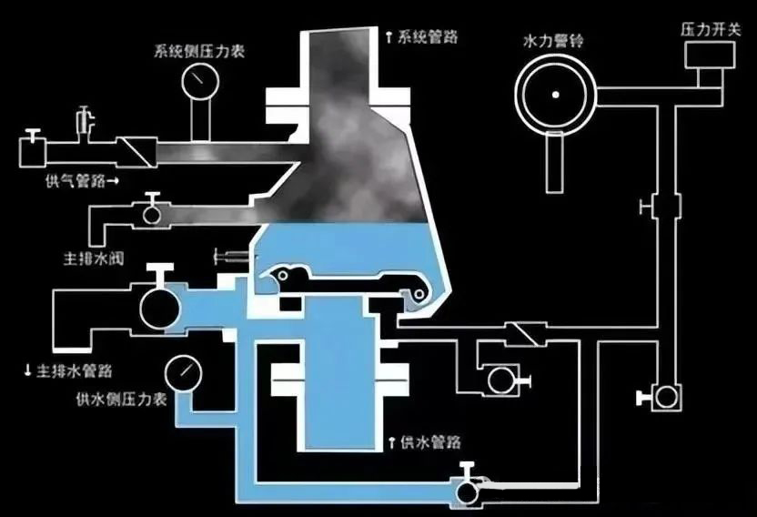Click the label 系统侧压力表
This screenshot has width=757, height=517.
point(199,51)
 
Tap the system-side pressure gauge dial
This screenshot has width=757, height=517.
point(200,81)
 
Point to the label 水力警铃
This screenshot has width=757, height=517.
point(553,41)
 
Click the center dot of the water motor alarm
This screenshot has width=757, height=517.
point(556,95)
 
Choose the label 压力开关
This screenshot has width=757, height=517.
point(711,29)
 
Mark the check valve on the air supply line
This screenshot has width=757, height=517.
point(137,152)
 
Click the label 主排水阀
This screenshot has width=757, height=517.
point(94,258)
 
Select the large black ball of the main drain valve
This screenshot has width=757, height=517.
point(160,308)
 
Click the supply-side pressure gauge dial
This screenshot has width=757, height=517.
point(184,373)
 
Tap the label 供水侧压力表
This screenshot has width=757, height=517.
point(122,399)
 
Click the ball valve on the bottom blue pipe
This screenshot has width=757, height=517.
point(467,492)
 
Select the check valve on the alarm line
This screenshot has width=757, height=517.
point(526,333)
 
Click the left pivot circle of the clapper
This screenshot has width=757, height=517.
point(283,276)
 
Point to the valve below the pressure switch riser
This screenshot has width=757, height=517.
point(666,397)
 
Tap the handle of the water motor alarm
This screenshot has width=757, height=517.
point(555,162)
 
